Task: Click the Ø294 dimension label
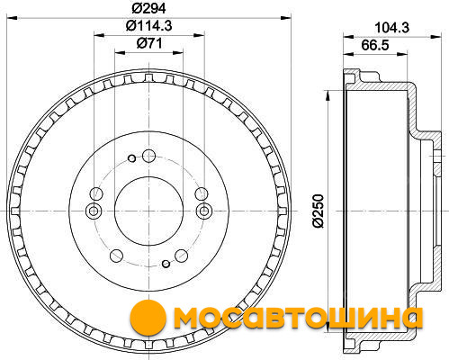tap(148, 8)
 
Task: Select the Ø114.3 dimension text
tap(148, 26)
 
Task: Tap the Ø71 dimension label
tap(149, 43)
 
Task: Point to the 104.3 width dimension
tap(392, 28)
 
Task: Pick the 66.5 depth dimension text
tap(375, 45)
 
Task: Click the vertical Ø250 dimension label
tap(319, 211)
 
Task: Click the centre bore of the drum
tap(148, 211)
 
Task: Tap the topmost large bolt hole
tap(148, 156)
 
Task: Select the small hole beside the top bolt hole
tap(131, 158)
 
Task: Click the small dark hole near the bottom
tap(166, 264)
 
